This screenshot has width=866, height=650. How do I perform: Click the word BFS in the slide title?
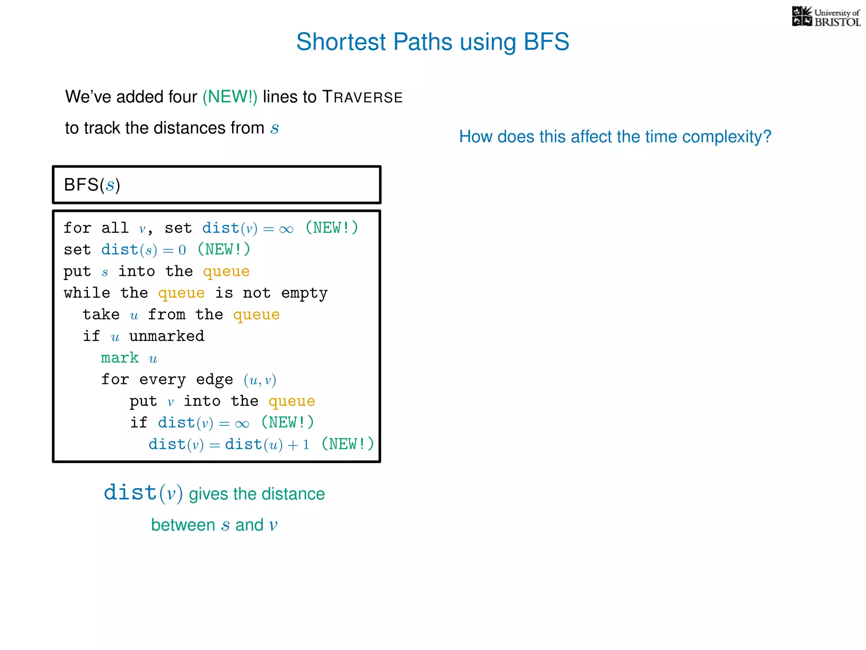(x=546, y=42)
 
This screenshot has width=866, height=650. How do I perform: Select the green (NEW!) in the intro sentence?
(x=230, y=97)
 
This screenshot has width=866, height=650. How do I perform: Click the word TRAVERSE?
(x=362, y=97)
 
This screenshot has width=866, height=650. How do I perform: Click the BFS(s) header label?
(x=92, y=185)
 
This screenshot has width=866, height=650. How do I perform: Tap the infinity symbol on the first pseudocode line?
(x=286, y=229)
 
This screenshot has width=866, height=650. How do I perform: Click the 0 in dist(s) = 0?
(x=182, y=250)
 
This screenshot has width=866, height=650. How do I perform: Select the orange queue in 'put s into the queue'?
(x=226, y=272)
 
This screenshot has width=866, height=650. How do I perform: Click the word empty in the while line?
(x=304, y=293)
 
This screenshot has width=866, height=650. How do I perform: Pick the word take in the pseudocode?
(x=101, y=314)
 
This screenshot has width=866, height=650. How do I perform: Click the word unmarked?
(x=167, y=336)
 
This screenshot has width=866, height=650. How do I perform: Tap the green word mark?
(x=120, y=358)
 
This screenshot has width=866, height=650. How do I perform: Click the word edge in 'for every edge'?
(x=214, y=380)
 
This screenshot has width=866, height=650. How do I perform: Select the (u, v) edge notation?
(x=260, y=380)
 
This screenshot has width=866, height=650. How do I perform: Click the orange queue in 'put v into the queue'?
(x=292, y=401)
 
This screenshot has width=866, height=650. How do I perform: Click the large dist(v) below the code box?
(x=143, y=493)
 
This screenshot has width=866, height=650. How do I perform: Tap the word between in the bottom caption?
(x=183, y=525)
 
